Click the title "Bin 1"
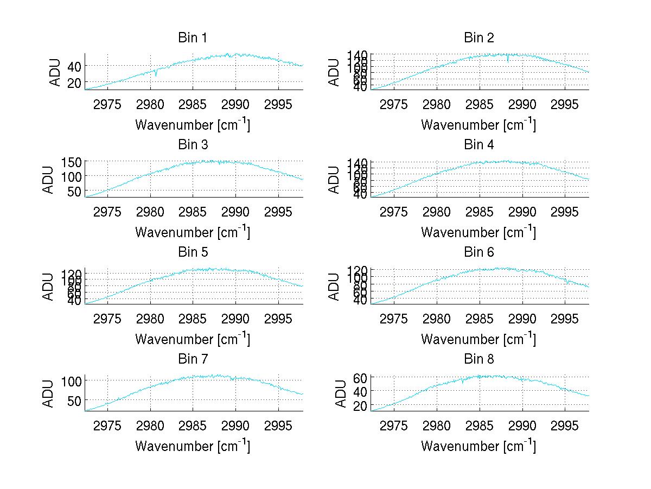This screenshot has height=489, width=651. click(193, 38)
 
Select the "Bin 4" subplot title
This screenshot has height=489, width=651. click(478, 145)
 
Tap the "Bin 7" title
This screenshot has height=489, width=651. click(193, 359)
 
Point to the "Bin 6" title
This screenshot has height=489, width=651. click(478, 252)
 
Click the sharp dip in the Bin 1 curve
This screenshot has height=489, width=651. click(156, 75)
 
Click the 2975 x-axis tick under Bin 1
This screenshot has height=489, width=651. click(107, 104)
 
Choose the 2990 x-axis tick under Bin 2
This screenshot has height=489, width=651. click(522, 104)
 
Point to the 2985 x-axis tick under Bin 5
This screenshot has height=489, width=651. click(193, 319)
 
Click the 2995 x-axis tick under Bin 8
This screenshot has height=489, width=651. click(564, 426)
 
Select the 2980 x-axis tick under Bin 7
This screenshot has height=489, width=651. click(150, 426)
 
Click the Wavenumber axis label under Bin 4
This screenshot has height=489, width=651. click(478, 232)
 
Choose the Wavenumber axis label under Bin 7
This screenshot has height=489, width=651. click(193, 446)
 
